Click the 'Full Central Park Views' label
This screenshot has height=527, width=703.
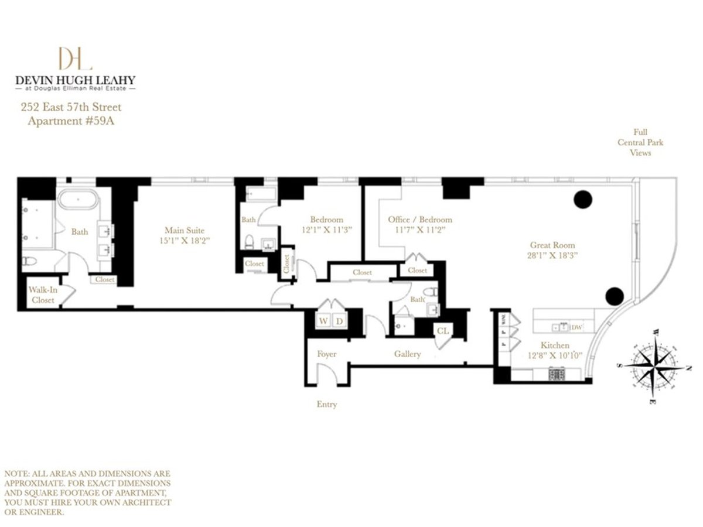(640, 142)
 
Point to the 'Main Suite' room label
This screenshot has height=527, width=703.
(184, 230)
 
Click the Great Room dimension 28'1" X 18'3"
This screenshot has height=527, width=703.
(552, 255)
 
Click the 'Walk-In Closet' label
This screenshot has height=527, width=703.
(43, 295)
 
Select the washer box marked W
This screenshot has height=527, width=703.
(323, 320)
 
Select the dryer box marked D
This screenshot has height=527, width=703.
(339, 320)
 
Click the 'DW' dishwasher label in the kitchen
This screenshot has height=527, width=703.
(576, 327)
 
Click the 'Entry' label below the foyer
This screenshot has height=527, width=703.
(326, 404)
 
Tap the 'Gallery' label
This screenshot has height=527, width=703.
(407, 354)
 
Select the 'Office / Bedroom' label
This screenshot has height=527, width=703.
(419, 220)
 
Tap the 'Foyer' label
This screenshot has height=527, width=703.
(326, 354)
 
